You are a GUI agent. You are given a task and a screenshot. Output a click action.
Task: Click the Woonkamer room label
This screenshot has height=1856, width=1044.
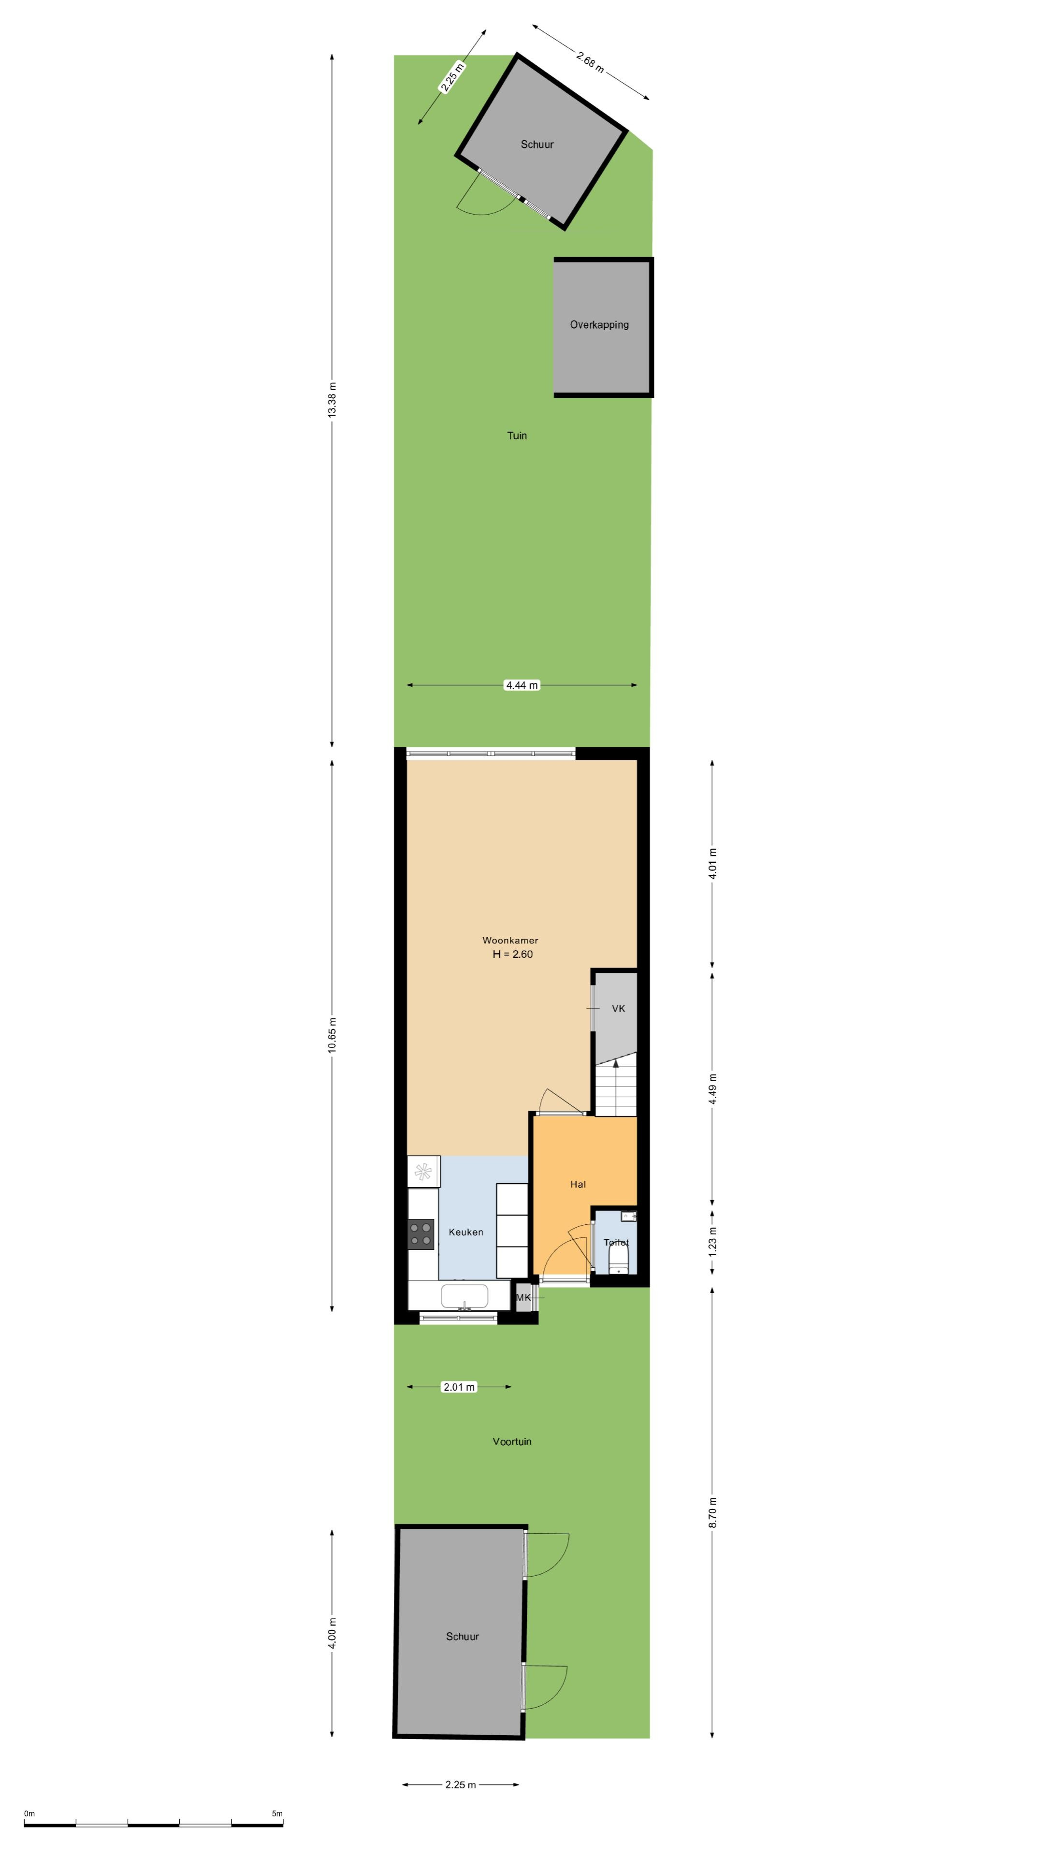click(510, 940)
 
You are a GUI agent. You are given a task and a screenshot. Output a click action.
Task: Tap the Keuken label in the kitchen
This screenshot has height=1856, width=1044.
click(465, 1232)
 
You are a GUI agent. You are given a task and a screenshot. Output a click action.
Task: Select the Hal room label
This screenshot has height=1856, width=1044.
click(578, 1184)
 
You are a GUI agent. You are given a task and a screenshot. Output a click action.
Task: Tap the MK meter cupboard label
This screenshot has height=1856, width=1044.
click(523, 1298)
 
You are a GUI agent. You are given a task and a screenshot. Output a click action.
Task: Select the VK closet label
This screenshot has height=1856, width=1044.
click(618, 1009)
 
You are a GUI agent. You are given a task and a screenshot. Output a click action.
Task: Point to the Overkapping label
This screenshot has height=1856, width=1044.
click(599, 325)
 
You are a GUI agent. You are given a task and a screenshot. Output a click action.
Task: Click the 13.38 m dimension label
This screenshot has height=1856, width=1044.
click(332, 400)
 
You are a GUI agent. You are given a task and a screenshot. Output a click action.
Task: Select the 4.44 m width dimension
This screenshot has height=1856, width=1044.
click(522, 685)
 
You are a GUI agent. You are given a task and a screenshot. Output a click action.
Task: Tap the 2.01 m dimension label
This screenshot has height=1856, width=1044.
click(459, 1387)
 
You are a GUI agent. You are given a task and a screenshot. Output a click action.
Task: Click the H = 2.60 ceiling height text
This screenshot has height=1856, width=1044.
click(512, 954)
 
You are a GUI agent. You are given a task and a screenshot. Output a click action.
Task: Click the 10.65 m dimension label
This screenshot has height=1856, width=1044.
click(332, 1035)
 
